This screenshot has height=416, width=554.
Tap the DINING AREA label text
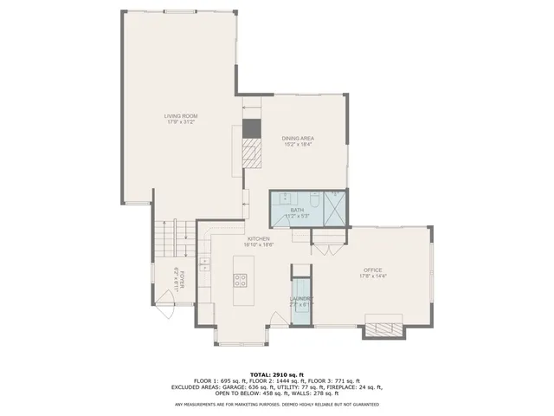297,139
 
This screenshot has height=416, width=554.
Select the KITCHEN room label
259,238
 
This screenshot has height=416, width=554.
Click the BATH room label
297,210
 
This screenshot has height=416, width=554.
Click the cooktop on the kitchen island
241,280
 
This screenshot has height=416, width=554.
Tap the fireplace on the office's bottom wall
384,330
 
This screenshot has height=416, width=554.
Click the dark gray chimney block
250,129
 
